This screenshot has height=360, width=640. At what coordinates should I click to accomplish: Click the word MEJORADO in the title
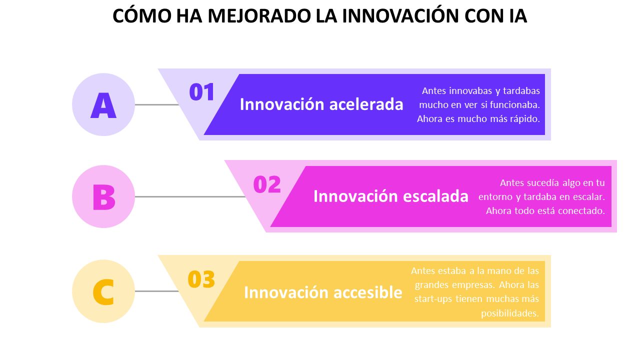click(x=259, y=16)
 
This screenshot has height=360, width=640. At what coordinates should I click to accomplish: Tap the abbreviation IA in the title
click(x=518, y=16)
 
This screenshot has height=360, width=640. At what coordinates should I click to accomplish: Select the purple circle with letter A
click(x=103, y=104)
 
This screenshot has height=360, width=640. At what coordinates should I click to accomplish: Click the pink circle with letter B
click(x=103, y=196)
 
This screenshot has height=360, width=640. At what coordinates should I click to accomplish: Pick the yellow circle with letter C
click(x=103, y=291)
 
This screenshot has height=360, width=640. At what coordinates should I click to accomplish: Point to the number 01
click(x=201, y=92)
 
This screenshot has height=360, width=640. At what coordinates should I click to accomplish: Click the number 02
click(x=267, y=184)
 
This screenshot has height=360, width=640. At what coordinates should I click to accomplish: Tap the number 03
click(x=201, y=279)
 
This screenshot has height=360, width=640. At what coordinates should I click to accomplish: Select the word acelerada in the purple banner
click(x=366, y=104)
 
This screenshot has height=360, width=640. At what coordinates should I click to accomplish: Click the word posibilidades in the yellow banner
click(x=510, y=313)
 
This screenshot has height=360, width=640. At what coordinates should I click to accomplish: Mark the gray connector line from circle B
click(x=190, y=196)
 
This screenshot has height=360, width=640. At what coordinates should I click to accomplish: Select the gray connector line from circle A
click(x=157, y=104)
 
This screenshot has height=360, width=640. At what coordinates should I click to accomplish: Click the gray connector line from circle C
click(x=157, y=291)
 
